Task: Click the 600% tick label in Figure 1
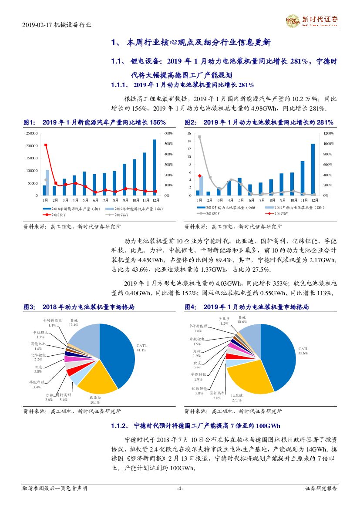168,133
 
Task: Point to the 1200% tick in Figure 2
329,133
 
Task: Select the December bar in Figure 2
313,169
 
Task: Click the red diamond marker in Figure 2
199,176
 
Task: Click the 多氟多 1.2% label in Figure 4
224,321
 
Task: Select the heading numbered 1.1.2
196,425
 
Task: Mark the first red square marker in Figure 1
46,145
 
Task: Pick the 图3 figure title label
29,307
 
